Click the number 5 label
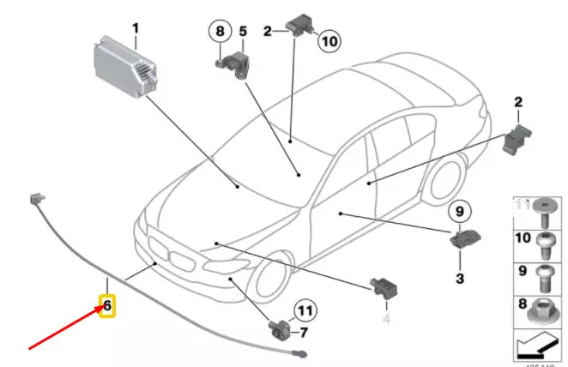[x=243, y=32]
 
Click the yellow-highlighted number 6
[x=107, y=305]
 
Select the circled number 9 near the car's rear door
[x=458, y=211]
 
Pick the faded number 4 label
[x=385, y=318]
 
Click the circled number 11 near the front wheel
[x=305, y=310]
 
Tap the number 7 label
[x=304, y=332]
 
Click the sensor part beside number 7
[x=280, y=328]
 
